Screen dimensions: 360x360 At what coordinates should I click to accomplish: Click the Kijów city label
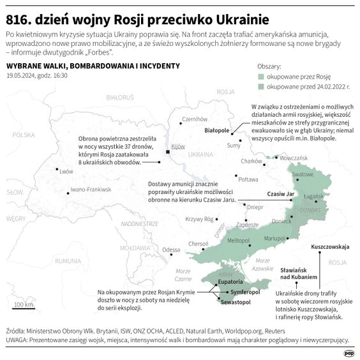click(177, 146)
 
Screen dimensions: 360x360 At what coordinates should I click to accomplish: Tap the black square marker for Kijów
click(167, 153)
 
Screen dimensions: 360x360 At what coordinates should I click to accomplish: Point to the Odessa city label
click(172, 250)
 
